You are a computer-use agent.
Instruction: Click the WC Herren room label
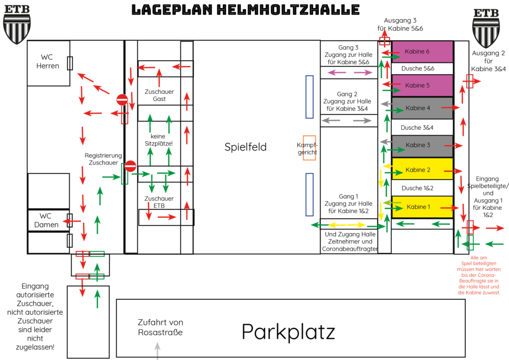click(x=47, y=62)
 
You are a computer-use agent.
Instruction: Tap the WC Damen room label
click(x=46, y=220)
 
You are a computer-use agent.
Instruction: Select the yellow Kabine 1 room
click(x=423, y=207)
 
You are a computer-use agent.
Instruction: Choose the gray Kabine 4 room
click(x=423, y=108)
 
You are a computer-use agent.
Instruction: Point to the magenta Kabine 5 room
click(x=423, y=86)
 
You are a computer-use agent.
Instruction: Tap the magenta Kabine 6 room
click(x=423, y=52)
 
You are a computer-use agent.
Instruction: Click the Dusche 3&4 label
click(x=417, y=128)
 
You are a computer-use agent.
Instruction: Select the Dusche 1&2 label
click(x=418, y=188)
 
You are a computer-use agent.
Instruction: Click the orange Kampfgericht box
click(x=309, y=148)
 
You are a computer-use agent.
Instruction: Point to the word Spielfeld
click(x=246, y=147)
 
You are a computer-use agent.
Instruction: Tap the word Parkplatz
click(x=288, y=332)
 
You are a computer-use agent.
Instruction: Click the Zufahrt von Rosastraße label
click(x=161, y=327)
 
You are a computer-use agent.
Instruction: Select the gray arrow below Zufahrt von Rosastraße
click(x=158, y=351)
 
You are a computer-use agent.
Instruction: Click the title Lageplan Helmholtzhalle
click(x=246, y=10)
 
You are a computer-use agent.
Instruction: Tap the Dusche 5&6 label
click(x=418, y=69)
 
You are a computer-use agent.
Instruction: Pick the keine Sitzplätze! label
click(x=159, y=140)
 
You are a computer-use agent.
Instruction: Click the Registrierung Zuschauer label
click(x=103, y=159)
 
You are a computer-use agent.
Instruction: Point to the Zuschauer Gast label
click(x=159, y=95)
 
